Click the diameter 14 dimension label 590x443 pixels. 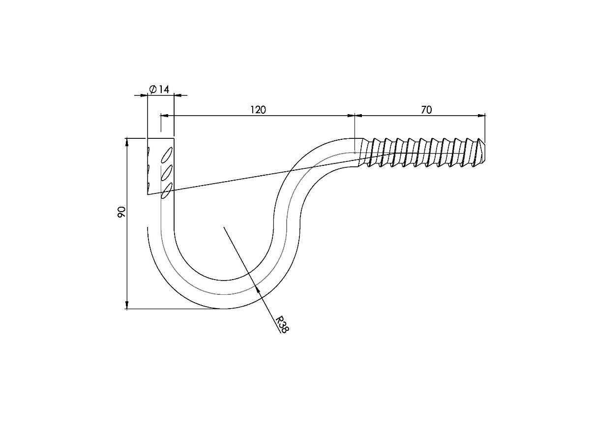159,89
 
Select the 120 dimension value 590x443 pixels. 258,110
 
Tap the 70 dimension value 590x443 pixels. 426,110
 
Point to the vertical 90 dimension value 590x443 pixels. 121,212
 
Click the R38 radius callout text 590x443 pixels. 283,324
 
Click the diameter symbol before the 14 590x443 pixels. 153,89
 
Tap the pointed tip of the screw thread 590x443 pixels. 485,152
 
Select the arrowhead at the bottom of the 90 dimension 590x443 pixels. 127,305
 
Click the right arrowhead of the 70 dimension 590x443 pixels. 482,116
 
